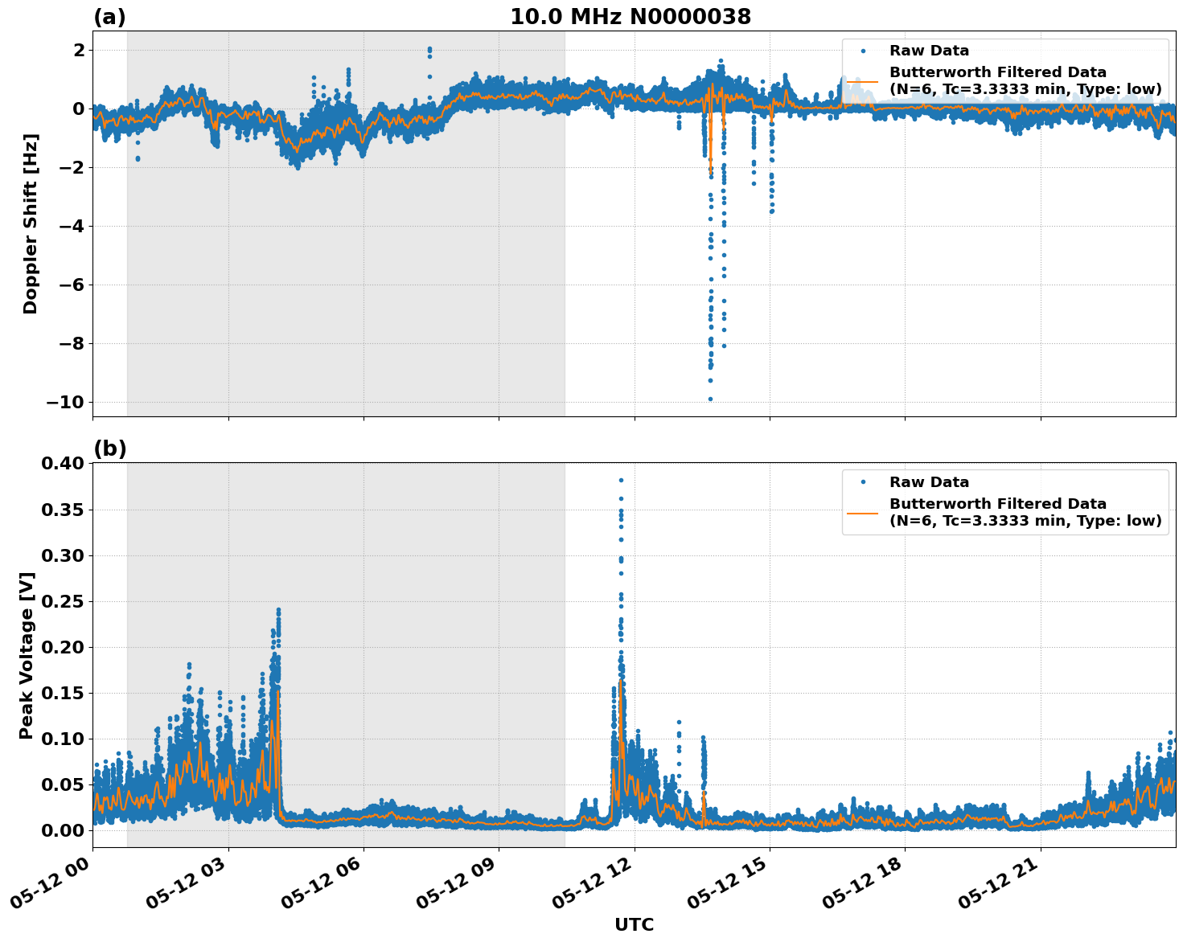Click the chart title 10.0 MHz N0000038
(630, 17)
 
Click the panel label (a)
(109, 17)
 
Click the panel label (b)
(109, 448)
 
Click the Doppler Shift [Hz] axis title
(31, 223)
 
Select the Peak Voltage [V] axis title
(27, 655)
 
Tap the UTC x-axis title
(634, 924)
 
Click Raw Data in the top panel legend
(929, 51)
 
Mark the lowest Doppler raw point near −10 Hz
(710, 399)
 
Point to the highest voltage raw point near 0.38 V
(621, 480)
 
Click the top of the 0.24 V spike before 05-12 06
(278, 610)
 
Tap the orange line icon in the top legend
(863, 80)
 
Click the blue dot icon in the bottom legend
(863, 482)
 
